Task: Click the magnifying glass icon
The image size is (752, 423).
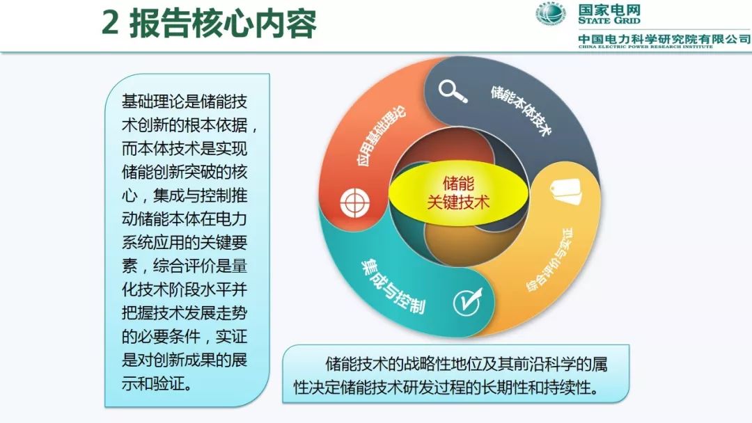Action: pos(453,91)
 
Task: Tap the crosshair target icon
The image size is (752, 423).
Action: pos(355,202)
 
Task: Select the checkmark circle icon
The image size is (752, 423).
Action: pos(468,302)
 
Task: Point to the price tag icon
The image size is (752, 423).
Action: pos(566,191)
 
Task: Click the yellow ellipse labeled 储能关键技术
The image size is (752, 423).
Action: pos(458,193)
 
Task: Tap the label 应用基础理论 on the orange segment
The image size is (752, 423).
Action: pos(382,135)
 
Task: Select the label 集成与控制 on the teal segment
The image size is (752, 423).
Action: pos(393,286)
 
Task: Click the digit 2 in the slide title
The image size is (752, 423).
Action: pos(110,22)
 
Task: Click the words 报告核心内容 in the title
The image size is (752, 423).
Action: pos(223,22)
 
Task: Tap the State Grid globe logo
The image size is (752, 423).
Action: pos(551,13)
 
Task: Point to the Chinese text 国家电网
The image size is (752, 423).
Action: pos(609,10)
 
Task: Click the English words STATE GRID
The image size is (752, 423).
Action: pos(609,21)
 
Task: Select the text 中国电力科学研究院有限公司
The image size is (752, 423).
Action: pos(664,39)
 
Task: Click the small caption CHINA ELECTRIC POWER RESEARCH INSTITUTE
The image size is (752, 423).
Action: pos(645,47)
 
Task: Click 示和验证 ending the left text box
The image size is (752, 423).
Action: pos(157,383)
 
